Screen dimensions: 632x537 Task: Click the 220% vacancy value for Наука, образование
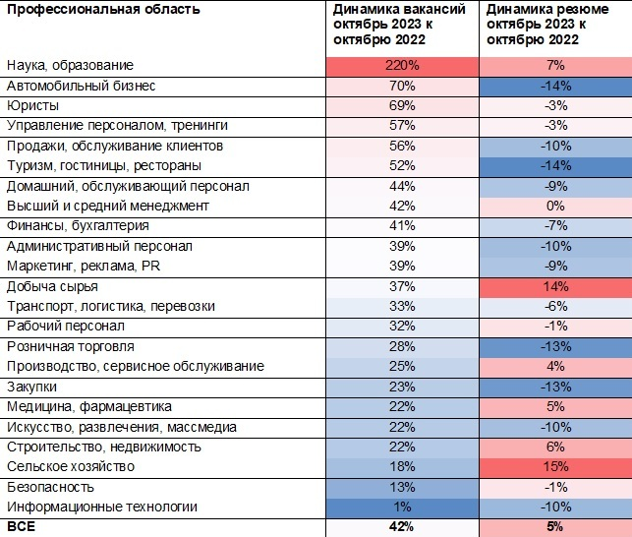pyautogui.click(x=402, y=65)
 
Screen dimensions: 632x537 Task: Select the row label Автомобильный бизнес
pyautogui.click(x=81, y=86)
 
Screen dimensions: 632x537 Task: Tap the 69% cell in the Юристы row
pyautogui.click(x=402, y=105)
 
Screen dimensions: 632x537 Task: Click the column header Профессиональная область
pyautogui.click(x=103, y=9)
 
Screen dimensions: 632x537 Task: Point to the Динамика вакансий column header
pyautogui.click(x=399, y=25)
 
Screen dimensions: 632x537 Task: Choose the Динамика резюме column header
pyautogui.click(x=547, y=25)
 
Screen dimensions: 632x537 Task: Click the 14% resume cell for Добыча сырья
pyautogui.click(x=555, y=287)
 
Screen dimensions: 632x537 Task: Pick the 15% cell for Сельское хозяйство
pyautogui.click(x=555, y=467)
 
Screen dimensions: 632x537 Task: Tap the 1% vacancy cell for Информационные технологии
pyautogui.click(x=402, y=507)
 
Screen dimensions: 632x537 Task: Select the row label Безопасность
pyautogui.click(x=50, y=487)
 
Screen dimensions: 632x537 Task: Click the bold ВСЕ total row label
pyautogui.click(x=21, y=526)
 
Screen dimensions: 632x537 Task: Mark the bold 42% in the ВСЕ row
pyautogui.click(x=402, y=526)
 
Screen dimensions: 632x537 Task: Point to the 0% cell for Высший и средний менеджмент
pyautogui.click(x=555, y=207)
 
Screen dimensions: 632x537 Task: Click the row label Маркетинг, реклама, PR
pyautogui.click(x=84, y=267)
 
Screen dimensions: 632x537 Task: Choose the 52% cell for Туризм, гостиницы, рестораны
pyautogui.click(x=402, y=166)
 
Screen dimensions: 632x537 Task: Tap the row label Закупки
pyautogui.click(x=31, y=387)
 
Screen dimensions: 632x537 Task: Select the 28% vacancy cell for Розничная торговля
pyautogui.click(x=402, y=346)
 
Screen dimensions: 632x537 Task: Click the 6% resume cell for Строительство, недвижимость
pyautogui.click(x=555, y=447)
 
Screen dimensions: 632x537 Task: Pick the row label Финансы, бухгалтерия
pyautogui.click(x=78, y=225)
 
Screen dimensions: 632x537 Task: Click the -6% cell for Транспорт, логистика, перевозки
pyautogui.click(x=555, y=307)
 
